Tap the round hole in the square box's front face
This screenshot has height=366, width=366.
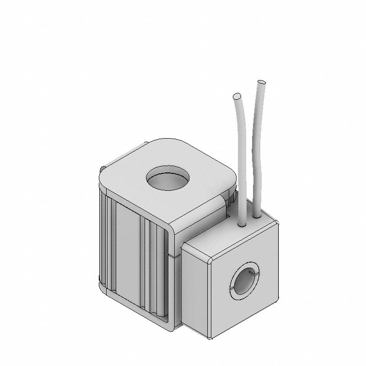tap(245, 282)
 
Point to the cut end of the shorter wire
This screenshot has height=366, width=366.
tap(237, 97)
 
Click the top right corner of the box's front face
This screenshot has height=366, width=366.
tap(277, 223)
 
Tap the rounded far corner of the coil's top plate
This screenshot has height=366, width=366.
tap(169, 140)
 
